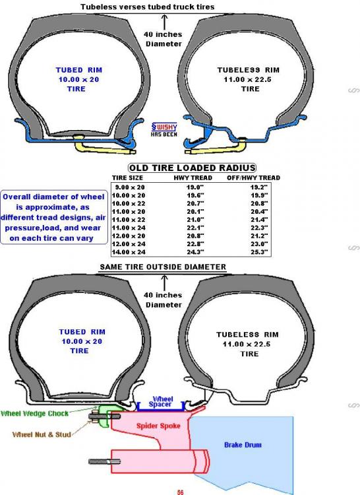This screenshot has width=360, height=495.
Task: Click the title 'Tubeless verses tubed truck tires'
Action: click(147, 7)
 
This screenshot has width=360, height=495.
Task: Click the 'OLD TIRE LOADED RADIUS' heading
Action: click(193, 168)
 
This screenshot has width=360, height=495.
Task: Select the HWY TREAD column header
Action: click(193, 178)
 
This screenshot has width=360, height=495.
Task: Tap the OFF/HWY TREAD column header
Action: click(253, 178)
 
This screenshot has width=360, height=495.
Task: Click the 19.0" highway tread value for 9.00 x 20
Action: click(195, 187)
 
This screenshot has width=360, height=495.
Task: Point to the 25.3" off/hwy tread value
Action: click(259, 252)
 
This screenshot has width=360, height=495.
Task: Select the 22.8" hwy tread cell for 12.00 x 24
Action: click(195, 244)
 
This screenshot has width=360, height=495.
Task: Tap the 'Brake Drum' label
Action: click(243, 445)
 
